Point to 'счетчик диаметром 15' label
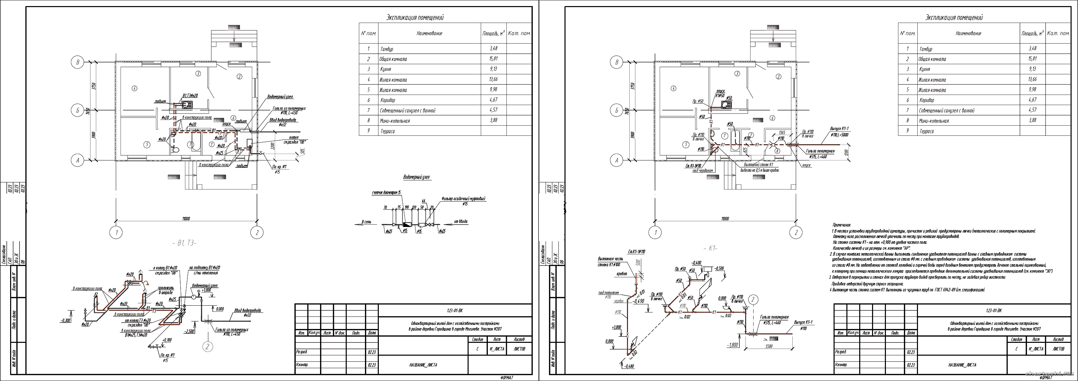pyautogui.click(x=386, y=193)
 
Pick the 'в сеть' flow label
pyautogui.click(x=367, y=222)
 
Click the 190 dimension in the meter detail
pyautogui.click(x=406, y=207)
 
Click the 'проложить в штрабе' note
pyautogui.click(x=166, y=290)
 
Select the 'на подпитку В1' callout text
pyautogui.click(x=205, y=268)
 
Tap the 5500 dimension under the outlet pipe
pyautogui.click(x=769, y=346)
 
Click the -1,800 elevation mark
pyautogui.click(x=732, y=345)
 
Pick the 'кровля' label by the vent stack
pyautogui.click(x=622, y=274)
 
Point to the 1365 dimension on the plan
pyautogui.click(x=782, y=132)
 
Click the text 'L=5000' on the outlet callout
pyautogui.click(x=841, y=135)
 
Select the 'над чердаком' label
pyautogui.click(x=703, y=171)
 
